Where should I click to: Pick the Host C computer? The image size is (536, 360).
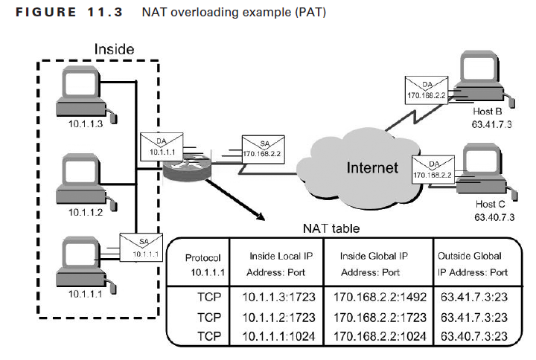(484, 171)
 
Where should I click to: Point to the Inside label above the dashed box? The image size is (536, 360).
(114, 49)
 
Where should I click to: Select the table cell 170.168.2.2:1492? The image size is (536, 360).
(380, 298)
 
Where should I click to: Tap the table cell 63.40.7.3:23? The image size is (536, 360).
(474, 336)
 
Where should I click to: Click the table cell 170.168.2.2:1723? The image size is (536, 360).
(380, 317)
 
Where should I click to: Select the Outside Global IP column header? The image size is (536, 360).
(474, 264)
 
